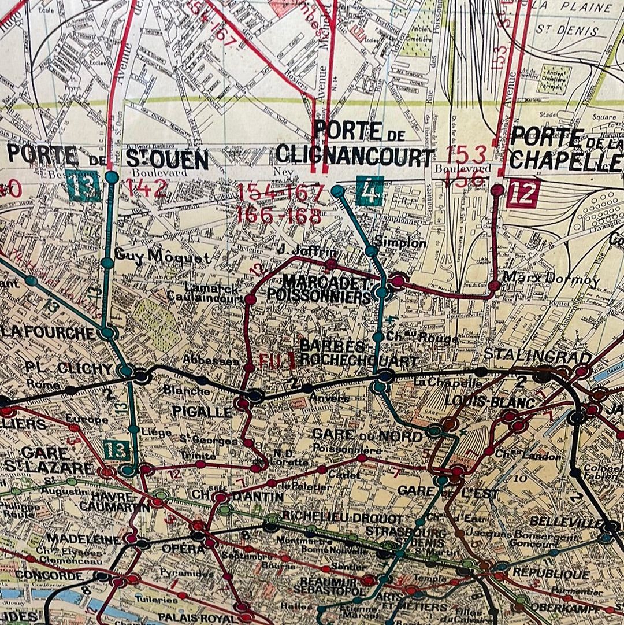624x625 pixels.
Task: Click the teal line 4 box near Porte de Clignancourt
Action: coord(370,191)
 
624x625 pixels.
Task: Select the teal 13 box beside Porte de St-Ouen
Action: coord(83,186)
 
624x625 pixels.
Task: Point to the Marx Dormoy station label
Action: coord(551,279)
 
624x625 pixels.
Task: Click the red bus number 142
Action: coord(146,188)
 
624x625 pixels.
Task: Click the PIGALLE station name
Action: coord(202,412)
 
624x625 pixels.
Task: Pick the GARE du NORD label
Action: coord(367,434)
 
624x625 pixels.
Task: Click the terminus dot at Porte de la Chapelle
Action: coord(497,189)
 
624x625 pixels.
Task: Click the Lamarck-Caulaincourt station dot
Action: coord(250,299)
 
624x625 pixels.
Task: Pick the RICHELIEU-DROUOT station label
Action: coord(341,519)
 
